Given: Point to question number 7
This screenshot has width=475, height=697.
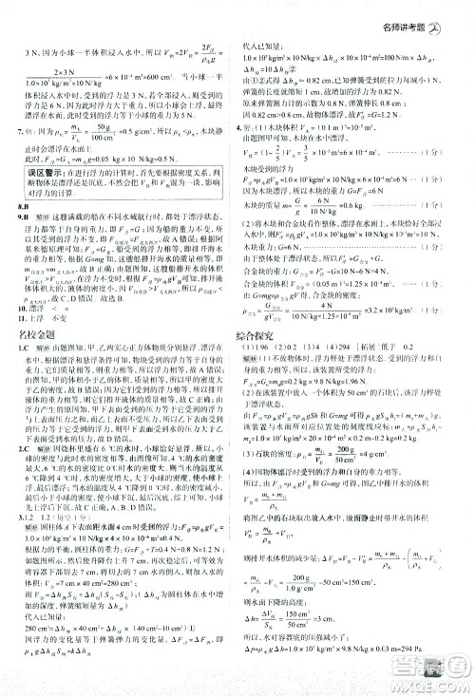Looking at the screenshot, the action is [21, 136].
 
